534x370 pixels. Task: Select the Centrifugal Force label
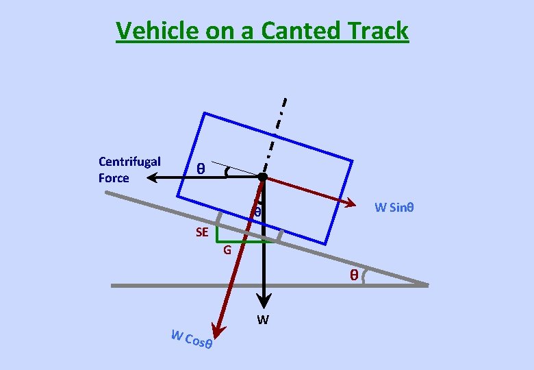(x=129, y=170)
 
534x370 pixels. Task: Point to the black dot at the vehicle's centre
(x=262, y=177)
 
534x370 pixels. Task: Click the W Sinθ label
(x=394, y=208)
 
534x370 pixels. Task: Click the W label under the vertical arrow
(x=263, y=320)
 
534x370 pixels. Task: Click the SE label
(x=202, y=232)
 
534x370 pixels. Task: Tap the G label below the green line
(x=227, y=250)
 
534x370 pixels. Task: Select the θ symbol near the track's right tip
(x=354, y=275)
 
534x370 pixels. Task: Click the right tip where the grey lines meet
(x=427, y=284)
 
